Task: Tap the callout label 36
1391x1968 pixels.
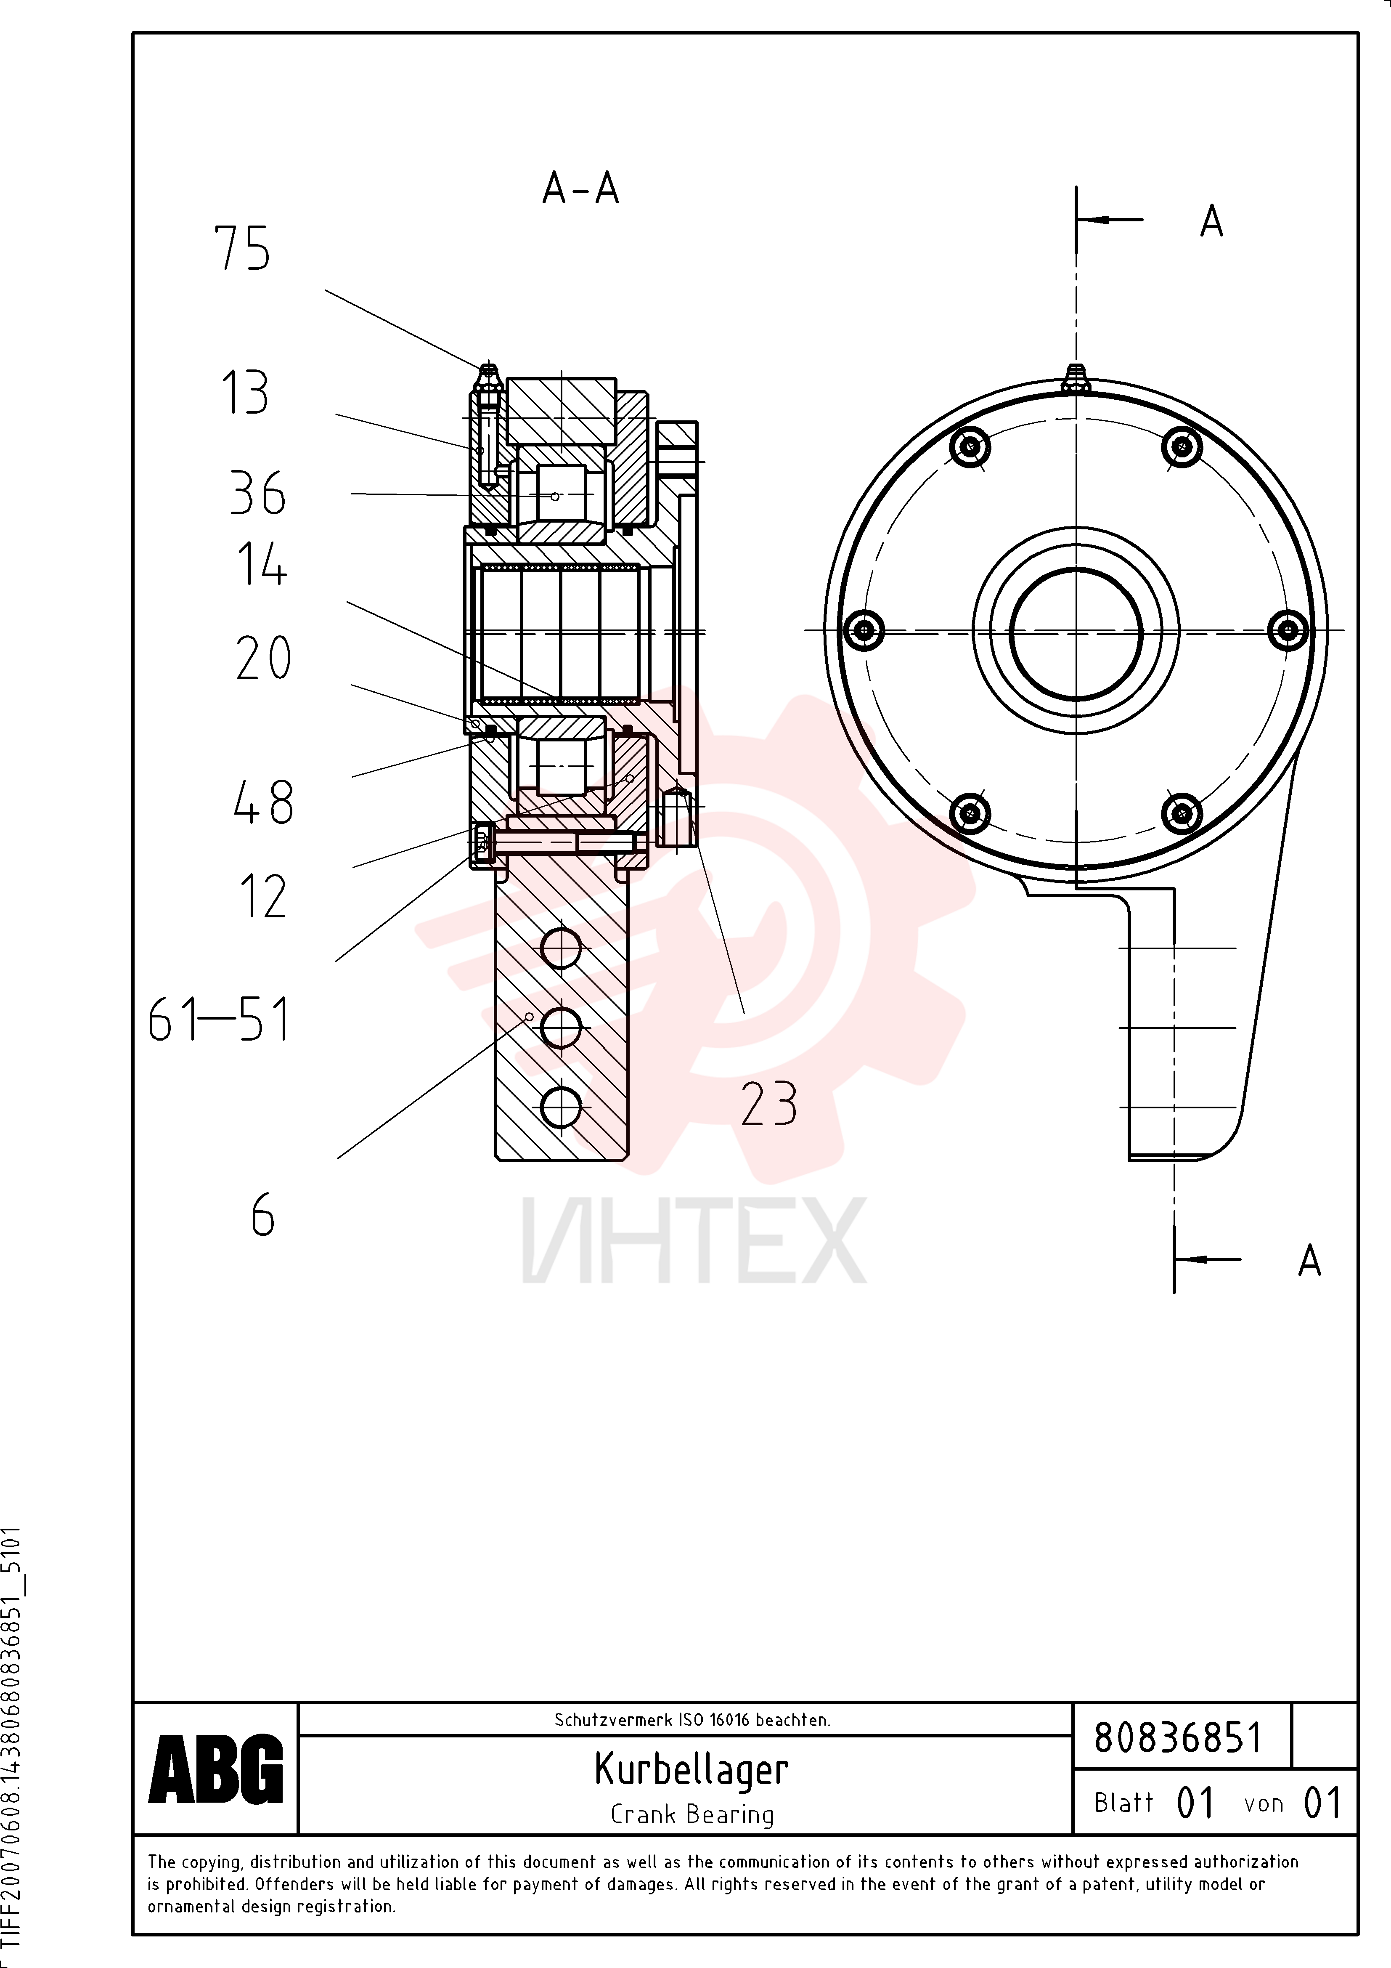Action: (257, 494)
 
